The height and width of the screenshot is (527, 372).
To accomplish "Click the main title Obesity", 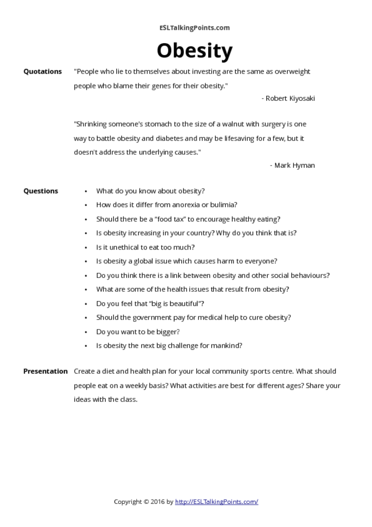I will pyautogui.click(x=194, y=51).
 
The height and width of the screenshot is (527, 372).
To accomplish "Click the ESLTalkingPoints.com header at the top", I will pyautogui.click(x=194, y=28).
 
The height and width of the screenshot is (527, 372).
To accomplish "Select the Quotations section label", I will pyautogui.click(x=43, y=72).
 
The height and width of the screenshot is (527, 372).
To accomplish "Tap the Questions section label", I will pyautogui.click(x=41, y=191).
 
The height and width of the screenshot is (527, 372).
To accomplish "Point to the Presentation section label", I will pyautogui.click(x=45, y=371).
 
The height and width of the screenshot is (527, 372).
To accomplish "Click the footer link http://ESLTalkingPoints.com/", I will pyautogui.click(x=216, y=501).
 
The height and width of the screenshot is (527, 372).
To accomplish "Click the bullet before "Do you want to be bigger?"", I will pyautogui.click(x=86, y=332).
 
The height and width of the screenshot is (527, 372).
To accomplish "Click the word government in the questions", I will pyautogui.click(x=149, y=318).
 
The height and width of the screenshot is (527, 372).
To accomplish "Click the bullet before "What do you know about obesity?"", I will pyautogui.click(x=86, y=191).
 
